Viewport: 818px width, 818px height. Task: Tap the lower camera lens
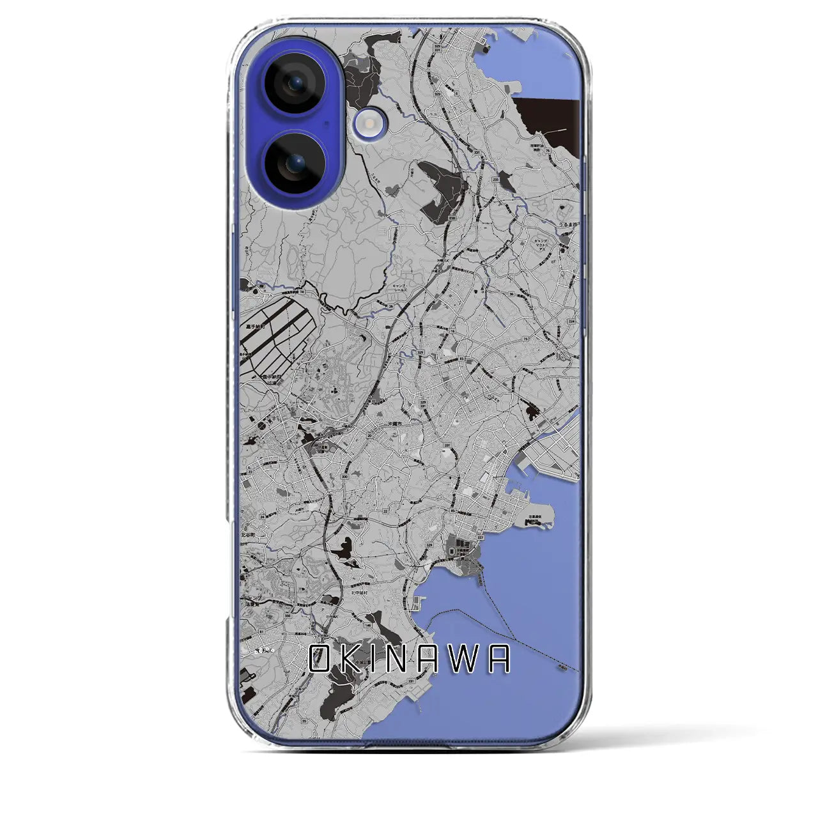coord(293,164)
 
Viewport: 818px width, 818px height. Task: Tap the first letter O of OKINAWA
coord(320,659)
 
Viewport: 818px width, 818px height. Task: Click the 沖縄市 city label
coord(396,424)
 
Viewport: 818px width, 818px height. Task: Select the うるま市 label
coord(566,226)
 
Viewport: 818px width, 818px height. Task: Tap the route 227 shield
coord(481,537)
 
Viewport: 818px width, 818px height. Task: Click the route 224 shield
coord(571,322)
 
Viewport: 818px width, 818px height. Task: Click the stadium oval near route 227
coord(454,550)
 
